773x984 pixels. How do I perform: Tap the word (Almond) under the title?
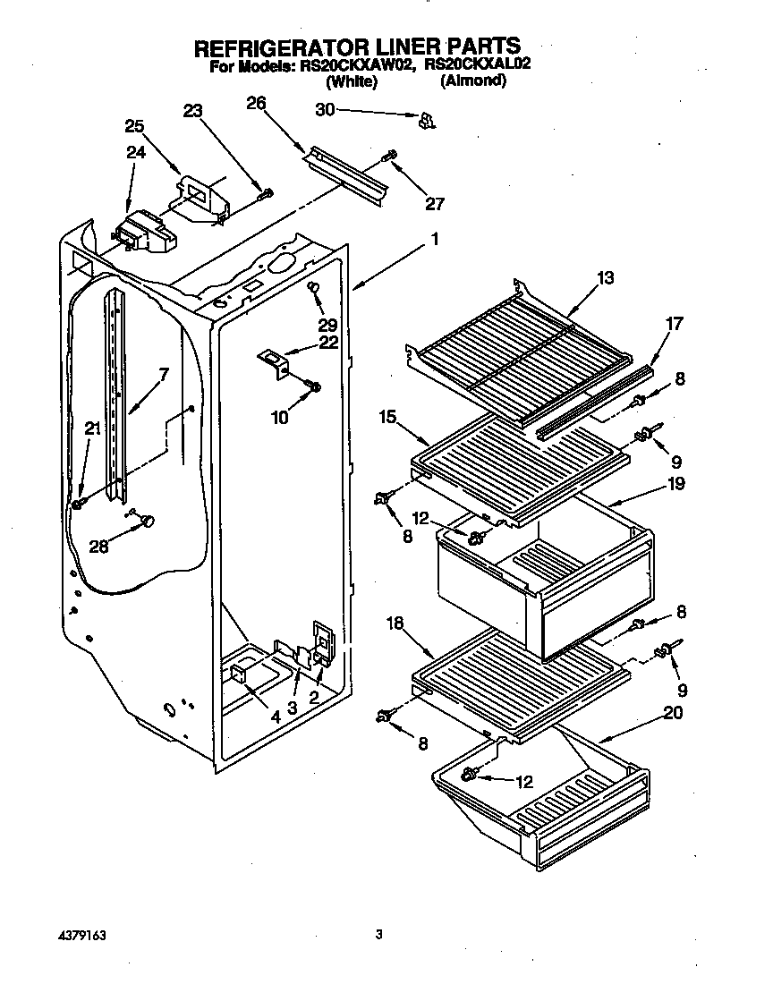click(473, 81)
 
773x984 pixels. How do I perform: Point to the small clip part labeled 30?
click(427, 119)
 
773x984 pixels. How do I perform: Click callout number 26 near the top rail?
click(256, 104)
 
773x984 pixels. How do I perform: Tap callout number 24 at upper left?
click(135, 152)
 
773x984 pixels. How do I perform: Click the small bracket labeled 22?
click(274, 362)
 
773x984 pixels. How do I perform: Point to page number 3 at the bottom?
click(379, 935)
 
